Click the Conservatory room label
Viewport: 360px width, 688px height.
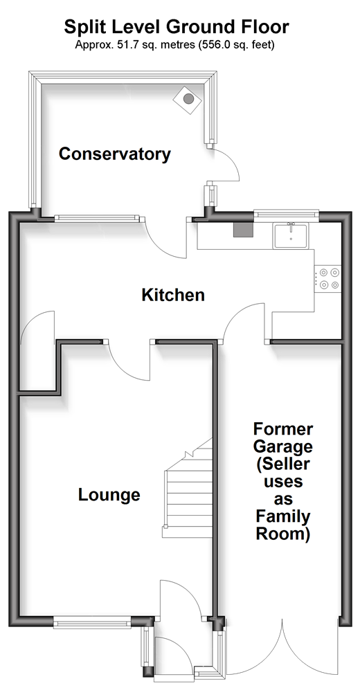(115, 154)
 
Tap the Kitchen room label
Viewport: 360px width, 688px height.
(173, 295)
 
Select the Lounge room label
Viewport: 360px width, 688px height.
(109, 495)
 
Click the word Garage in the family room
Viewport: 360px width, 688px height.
(283, 447)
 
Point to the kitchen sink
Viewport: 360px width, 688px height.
(291, 235)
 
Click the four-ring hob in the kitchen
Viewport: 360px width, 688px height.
(328, 279)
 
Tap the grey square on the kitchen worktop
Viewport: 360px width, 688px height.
(243, 230)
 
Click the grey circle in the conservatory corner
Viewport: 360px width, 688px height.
(188, 99)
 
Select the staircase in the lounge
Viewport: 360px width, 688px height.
(188, 488)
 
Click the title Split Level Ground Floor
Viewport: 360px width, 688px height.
(177, 27)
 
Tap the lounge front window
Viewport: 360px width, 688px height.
(92, 622)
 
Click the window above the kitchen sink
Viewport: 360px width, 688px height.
(287, 214)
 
